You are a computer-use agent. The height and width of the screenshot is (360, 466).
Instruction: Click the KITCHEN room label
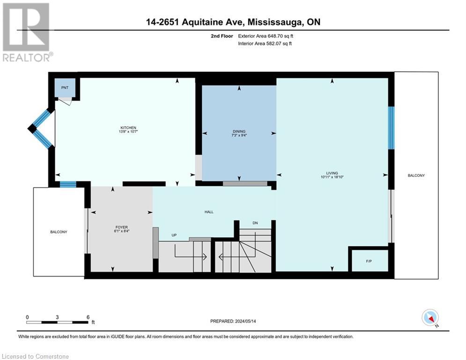tap(128, 127)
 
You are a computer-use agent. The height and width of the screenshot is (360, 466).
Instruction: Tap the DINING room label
tap(239, 131)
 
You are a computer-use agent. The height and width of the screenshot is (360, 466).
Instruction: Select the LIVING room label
tap(333, 172)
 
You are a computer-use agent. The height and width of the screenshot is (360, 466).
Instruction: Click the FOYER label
tap(122, 227)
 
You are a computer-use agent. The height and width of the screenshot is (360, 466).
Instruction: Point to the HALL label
tap(209, 212)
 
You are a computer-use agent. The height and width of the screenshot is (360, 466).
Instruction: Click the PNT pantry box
tap(64, 88)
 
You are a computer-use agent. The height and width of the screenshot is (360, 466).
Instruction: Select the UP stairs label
tap(174, 235)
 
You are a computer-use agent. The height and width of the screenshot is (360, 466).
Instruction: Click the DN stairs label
tap(255, 223)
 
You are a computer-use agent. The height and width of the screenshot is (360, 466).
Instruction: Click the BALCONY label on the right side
tap(416, 175)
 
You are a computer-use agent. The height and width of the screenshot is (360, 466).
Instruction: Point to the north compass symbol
tap(429, 317)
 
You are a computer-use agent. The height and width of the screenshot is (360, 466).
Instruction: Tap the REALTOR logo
tap(27, 32)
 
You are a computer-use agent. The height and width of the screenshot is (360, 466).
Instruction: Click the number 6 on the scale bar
tap(88, 317)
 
